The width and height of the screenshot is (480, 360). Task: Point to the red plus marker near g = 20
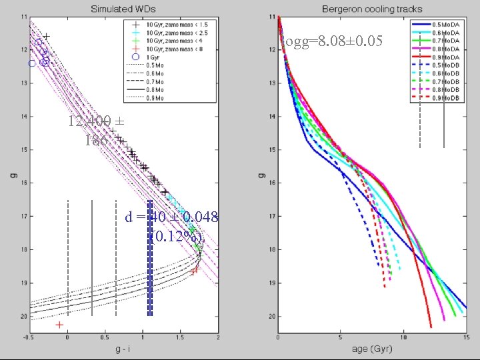click(x=60, y=325)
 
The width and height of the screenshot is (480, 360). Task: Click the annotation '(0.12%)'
click(x=176, y=236)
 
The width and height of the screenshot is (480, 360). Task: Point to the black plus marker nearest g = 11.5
click(x=46, y=36)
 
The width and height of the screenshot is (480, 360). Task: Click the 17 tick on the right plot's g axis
click(x=271, y=216)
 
